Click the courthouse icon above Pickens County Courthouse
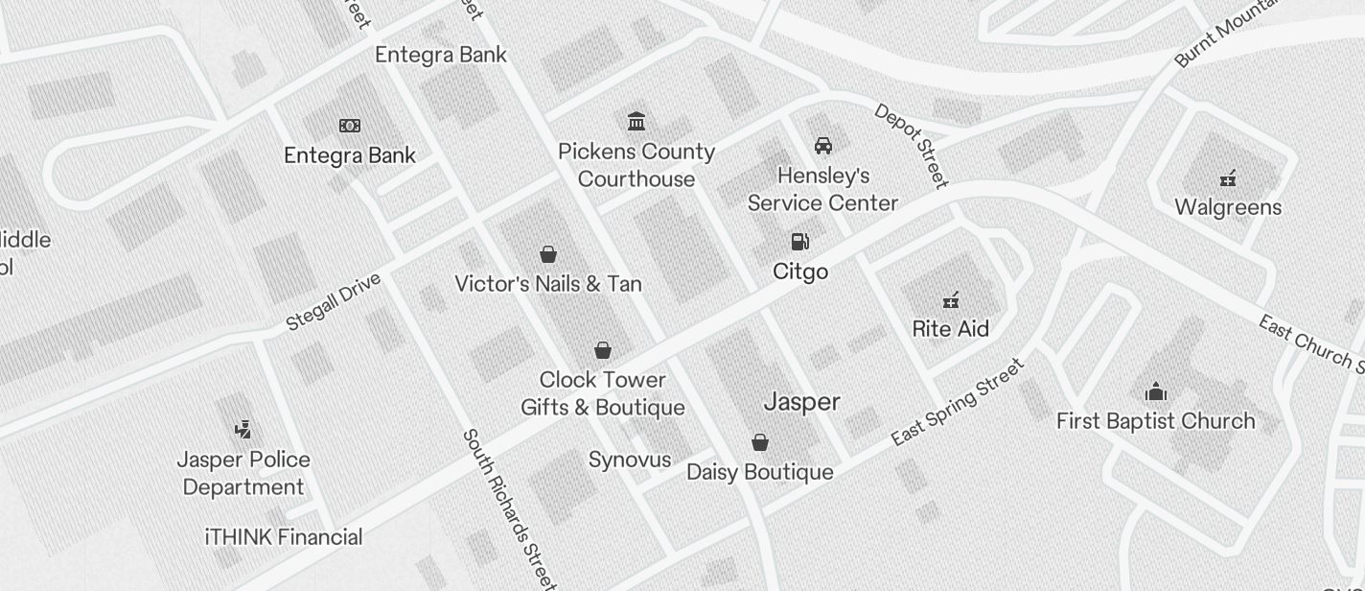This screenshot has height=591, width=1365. click(x=636, y=121)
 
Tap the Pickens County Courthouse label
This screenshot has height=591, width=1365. click(x=636, y=165)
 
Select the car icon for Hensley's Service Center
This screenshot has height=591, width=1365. click(x=822, y=146)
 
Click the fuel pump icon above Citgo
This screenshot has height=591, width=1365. click(x=799, y=241)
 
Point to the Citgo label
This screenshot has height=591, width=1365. click(x=800, y=272)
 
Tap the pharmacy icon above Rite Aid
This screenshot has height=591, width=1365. click(x=950, y=300)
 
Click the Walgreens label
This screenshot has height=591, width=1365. click(x=1228, y=207)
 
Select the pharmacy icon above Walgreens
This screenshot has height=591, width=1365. click(x=1228, y=177)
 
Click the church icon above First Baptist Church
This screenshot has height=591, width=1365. click(x=1156, y=391)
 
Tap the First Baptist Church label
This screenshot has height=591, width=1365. click(x=1155, y=420)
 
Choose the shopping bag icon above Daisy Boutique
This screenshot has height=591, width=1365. click(x=760, y=442)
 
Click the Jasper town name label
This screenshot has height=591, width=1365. click(x=802, y=402)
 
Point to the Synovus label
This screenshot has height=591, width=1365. click(x=630, y=460)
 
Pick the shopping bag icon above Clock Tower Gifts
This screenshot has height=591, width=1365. click(x=603, y=350)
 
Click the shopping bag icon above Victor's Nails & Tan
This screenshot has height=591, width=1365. click(x=548, y=254)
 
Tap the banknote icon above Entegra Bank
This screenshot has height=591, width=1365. click(x=350, y=126)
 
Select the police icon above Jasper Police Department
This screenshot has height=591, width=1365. click(x=243, y=429)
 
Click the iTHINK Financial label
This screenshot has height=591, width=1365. click(x=284, y=537)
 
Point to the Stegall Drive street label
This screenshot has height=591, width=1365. click(x=334, y=301)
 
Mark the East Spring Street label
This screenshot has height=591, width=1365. click(x=958, y=402)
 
